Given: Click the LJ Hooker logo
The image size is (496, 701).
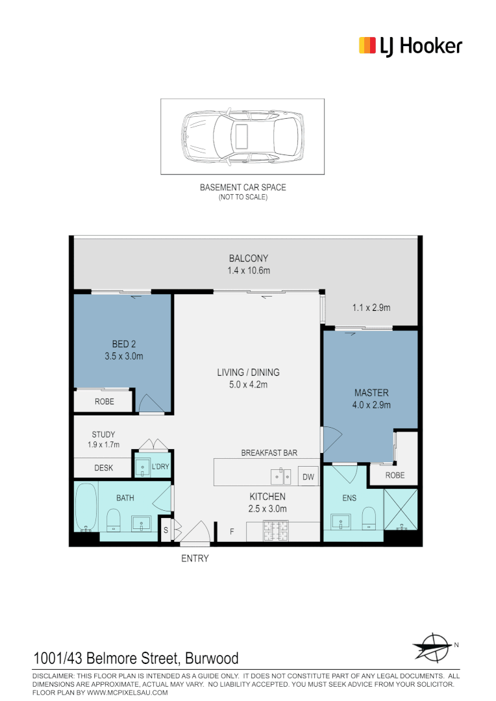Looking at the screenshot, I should click(x=410, y=45).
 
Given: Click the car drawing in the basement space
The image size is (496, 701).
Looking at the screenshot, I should click(x=242, y=136).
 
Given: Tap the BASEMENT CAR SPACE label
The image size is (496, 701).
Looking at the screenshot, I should click(x=242, y=188).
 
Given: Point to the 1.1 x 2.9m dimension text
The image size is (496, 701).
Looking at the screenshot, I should click(x=371, y=308).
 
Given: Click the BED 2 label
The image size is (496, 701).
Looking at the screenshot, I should click(x=123, y=344).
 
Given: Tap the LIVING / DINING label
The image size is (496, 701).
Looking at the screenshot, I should click(x=248, y=373).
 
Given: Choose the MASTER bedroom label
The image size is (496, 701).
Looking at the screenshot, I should click(x=371, y=393).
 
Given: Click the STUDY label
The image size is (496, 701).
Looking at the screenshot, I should click(x=103, y=435).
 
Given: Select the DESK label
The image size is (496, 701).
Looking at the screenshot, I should click(x=104, y=467).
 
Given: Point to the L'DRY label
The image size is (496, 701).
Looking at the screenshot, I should click(x=160, y=467).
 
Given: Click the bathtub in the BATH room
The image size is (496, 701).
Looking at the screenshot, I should click(x=86, y=507).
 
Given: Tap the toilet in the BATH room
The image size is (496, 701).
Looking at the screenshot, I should click(x=113, y=520).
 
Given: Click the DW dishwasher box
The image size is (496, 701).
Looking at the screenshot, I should click(x=308, y=477).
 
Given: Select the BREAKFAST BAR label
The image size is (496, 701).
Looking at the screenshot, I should click(x=269, y=453).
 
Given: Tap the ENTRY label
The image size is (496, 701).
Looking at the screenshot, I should click(x=195, y=558).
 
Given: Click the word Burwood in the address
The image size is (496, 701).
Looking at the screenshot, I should click(x=212, y=659).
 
